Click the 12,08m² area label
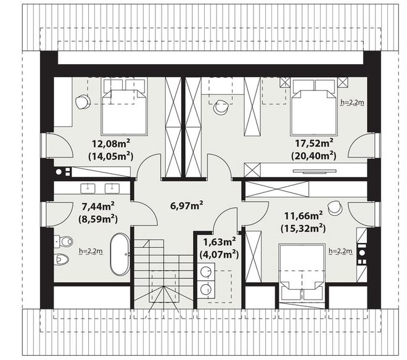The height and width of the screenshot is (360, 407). (x=111, y=144)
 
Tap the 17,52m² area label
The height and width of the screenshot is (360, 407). (x=314, y=143)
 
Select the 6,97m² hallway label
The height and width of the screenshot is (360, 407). (x=186, y=206)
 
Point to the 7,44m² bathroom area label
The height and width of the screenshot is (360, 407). (x=98, y=207)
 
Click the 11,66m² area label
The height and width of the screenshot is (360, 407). (x=303, y=215)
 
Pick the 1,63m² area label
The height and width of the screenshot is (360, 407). (x=220, y=242)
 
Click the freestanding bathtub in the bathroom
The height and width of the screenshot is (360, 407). (x=120, y=255)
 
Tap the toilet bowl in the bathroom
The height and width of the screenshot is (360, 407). (x=64, y=242)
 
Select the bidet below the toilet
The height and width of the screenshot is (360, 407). (x=62, y=258)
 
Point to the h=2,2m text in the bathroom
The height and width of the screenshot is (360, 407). (x=91, y=252)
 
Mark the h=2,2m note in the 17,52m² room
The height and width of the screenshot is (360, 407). (x=353, y=102)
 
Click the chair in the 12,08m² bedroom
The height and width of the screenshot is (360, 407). (x=82, y=102)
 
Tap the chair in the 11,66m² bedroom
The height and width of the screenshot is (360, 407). (x=334, y=208)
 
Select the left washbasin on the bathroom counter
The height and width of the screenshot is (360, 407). (x=88, y=189)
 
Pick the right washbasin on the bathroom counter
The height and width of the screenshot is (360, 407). (x=112, y=189)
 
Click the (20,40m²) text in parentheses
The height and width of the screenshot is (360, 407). (x=313, y=156)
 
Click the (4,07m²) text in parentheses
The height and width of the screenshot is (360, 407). (x=219, y=255)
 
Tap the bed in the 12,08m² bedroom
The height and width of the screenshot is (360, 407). (x=125, y=107)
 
